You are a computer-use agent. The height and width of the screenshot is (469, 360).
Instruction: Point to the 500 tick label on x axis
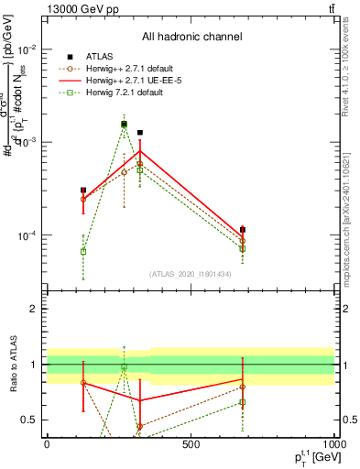(191, 444)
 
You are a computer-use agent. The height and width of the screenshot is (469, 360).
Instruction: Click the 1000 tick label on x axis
(333, 444)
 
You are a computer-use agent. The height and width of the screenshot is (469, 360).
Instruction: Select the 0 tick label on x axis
(47, 444)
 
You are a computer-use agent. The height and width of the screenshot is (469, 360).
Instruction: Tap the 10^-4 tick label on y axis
(28, 235)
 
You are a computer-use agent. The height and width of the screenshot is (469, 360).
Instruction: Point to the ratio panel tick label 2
(34, 309)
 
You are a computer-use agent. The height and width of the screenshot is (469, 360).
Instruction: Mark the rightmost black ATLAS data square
(242, 230)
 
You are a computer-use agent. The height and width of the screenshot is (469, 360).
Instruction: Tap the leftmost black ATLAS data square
(83, 191)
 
